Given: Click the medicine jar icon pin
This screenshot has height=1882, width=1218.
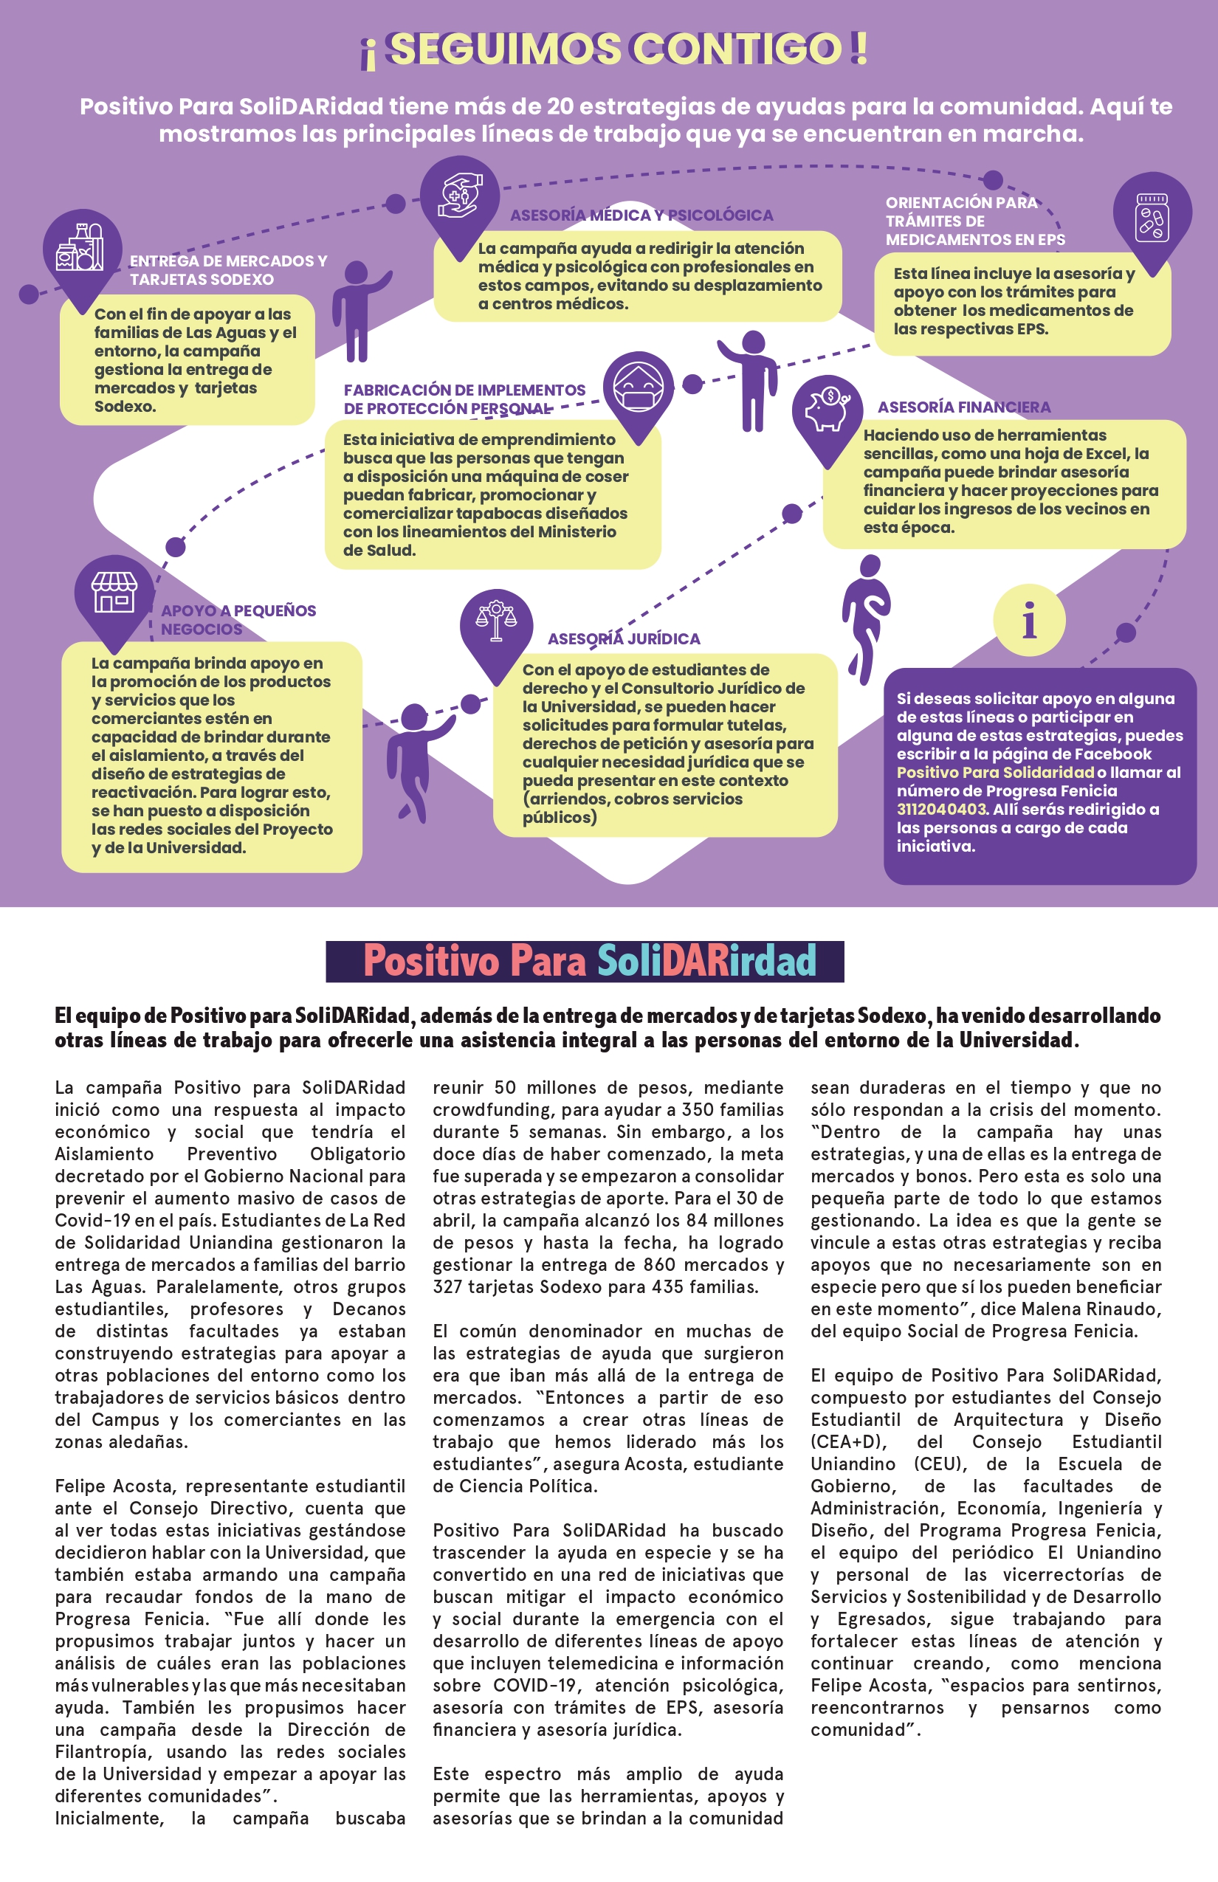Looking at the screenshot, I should tap(1152, 214).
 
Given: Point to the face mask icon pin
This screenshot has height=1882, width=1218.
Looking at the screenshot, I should tap(639, 387).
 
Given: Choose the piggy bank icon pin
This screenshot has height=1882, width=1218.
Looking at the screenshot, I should tap(827, 410).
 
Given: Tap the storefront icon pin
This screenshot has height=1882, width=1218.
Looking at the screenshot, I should tap(114, 594).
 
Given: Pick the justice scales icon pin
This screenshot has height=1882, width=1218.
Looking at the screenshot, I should tap(496, 624).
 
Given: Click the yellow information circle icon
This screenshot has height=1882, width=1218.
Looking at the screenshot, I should tap(1029, 621).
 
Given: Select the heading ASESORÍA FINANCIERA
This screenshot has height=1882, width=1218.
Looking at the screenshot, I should tap(964, 407).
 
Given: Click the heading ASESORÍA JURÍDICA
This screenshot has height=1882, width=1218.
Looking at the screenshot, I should tap(624, 639).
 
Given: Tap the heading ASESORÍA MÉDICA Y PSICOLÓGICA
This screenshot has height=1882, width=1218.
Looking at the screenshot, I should tap(641, 215).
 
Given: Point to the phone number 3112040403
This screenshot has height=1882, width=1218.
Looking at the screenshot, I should tap(941, 809).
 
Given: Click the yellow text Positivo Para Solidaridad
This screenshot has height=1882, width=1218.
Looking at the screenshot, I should tap(995, 772).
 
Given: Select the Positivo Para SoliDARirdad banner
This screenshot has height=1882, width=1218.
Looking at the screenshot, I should tap(585, 961).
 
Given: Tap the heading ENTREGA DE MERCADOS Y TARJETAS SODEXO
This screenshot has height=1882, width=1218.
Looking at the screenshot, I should tap(228, 269).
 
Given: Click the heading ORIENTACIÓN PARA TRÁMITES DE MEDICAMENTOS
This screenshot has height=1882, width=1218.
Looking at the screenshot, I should tap(974, 221).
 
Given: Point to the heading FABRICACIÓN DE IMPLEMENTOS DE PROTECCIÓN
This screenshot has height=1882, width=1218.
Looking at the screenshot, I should tap(464, 399).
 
